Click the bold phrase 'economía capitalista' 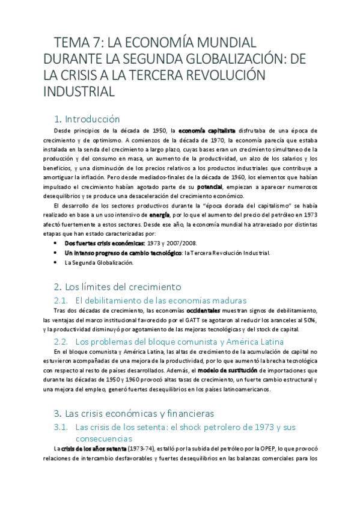[201, 131]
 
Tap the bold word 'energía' [159, 215]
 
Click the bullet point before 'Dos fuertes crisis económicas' [55, 243]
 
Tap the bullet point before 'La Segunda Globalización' [55, 262]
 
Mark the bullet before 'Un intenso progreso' [55, 253]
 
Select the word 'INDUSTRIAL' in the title [79, 92]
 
